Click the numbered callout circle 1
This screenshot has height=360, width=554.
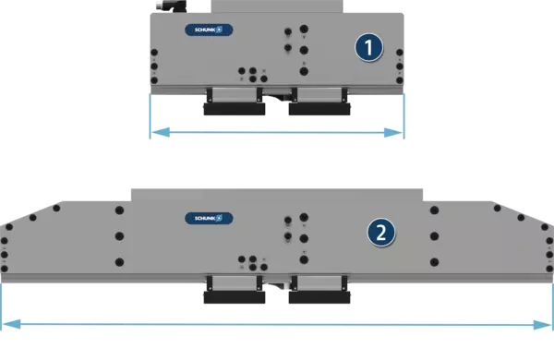368,47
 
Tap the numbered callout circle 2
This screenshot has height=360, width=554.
381,233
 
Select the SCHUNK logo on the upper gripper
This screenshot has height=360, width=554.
209,30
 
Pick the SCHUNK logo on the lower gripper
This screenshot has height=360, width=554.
209,219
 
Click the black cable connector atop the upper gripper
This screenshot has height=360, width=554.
171,6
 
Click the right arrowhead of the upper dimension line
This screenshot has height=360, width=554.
393,133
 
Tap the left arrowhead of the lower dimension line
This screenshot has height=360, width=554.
11,324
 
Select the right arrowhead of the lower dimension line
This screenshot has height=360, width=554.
542,325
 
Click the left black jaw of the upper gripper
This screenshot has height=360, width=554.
235,109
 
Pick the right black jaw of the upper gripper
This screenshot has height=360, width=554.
319,109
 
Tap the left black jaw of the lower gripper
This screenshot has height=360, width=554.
235,297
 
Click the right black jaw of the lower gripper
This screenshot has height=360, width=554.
319,297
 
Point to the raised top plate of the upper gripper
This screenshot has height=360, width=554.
277,6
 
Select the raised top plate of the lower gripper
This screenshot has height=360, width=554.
277,195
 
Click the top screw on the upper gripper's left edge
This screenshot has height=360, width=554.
154,53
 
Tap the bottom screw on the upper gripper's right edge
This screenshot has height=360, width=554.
400,80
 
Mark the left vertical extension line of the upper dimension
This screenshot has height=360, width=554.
151,116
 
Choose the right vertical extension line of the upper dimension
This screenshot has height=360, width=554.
403,116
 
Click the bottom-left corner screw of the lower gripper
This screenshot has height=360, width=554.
5,269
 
